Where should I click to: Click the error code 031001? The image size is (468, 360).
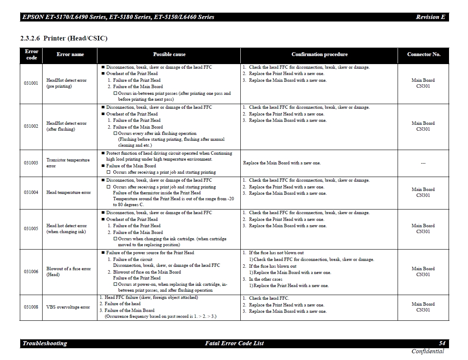(31, 83)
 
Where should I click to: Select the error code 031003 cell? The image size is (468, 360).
(31, 163)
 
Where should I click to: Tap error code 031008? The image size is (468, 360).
(31, 307)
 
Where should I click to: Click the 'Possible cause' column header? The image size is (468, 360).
(169, 54)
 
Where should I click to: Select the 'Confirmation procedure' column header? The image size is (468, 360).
(319, 54)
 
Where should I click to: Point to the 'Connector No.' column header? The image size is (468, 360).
(423, 54)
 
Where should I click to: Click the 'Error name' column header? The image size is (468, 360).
(70, 54)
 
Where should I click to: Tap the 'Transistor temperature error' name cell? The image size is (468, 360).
(68, 163)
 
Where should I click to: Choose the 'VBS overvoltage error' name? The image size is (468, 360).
(68, 307)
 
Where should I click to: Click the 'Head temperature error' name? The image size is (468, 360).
(68, 193)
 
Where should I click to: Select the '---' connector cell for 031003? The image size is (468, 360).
(423, 163)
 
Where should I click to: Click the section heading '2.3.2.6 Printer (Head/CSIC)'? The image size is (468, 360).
(64, 38)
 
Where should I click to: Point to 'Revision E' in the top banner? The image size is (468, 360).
(430, 17)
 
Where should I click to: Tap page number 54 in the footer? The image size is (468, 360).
(442, 343)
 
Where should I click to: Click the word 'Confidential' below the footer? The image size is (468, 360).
(428, 351)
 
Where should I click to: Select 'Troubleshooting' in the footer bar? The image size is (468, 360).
(45, 343)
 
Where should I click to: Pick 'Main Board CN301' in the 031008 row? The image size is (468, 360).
(423, 307)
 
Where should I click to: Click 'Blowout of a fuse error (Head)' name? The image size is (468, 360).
(68, 271)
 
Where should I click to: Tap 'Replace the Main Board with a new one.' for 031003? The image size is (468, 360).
(282, 163)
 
